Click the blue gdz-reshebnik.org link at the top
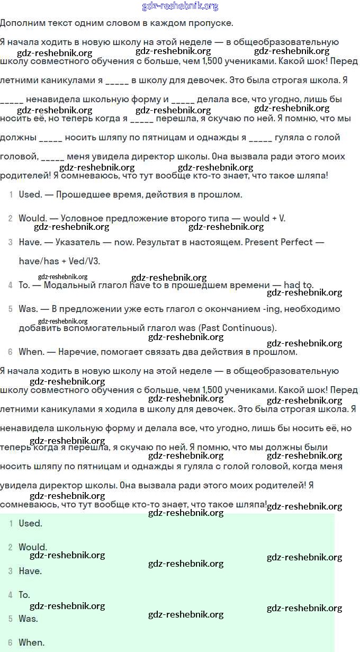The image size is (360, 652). click(180, 6)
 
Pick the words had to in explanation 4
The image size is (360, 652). click(300, 285)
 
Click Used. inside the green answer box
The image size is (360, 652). click(30, 523)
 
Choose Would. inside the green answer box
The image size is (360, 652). click(33, 547)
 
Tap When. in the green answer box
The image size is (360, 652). click(32, 642)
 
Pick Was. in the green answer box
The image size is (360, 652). click(29, 619)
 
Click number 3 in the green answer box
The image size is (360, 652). click(10, 571)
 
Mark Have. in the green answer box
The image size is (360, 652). click(30, 571)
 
